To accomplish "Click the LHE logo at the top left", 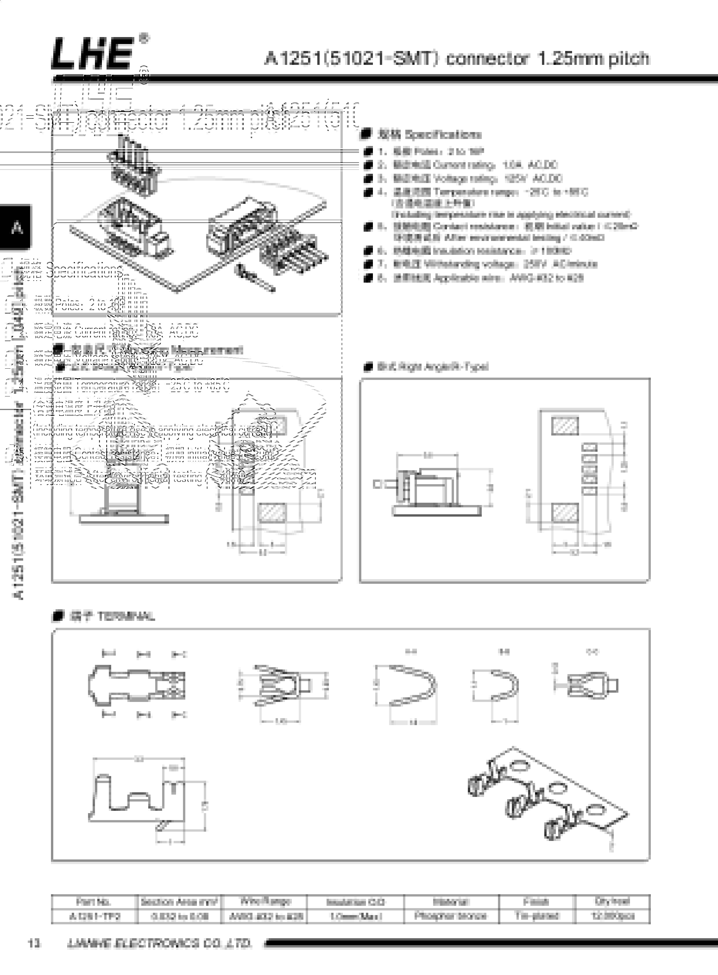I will pyautogui.click(x=92, y=54).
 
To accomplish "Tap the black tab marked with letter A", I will pyautogui.click(x=17, y=227).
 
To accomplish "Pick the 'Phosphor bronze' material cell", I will pyautogui.click(x=451, y=916).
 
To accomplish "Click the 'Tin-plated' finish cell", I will pyautogui.click(x=537, y=916).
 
